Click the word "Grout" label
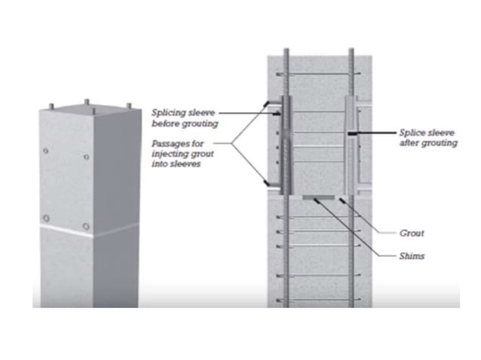[x=411, y=233]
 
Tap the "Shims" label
[x=412, y=256]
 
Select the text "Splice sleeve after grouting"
[x=426, y=137]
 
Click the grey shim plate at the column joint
[x=318, y=198]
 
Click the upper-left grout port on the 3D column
[x=46, y=151]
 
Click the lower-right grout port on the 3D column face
[x=87, y=226]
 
